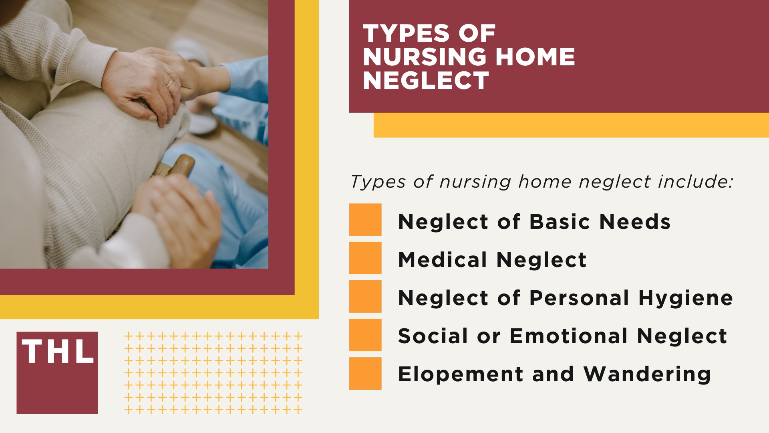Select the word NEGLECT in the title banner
coord(425,81)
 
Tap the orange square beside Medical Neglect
coord(365,258)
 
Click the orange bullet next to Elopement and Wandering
coord(365,374)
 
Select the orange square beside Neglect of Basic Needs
coord(365,220)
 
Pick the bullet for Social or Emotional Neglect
coord(365,335)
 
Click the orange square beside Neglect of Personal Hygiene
coord(365,297)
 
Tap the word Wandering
coord(647,374)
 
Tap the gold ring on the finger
coord(170,84)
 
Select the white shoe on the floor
coord(202,124)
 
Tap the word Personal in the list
coord(579,298)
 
